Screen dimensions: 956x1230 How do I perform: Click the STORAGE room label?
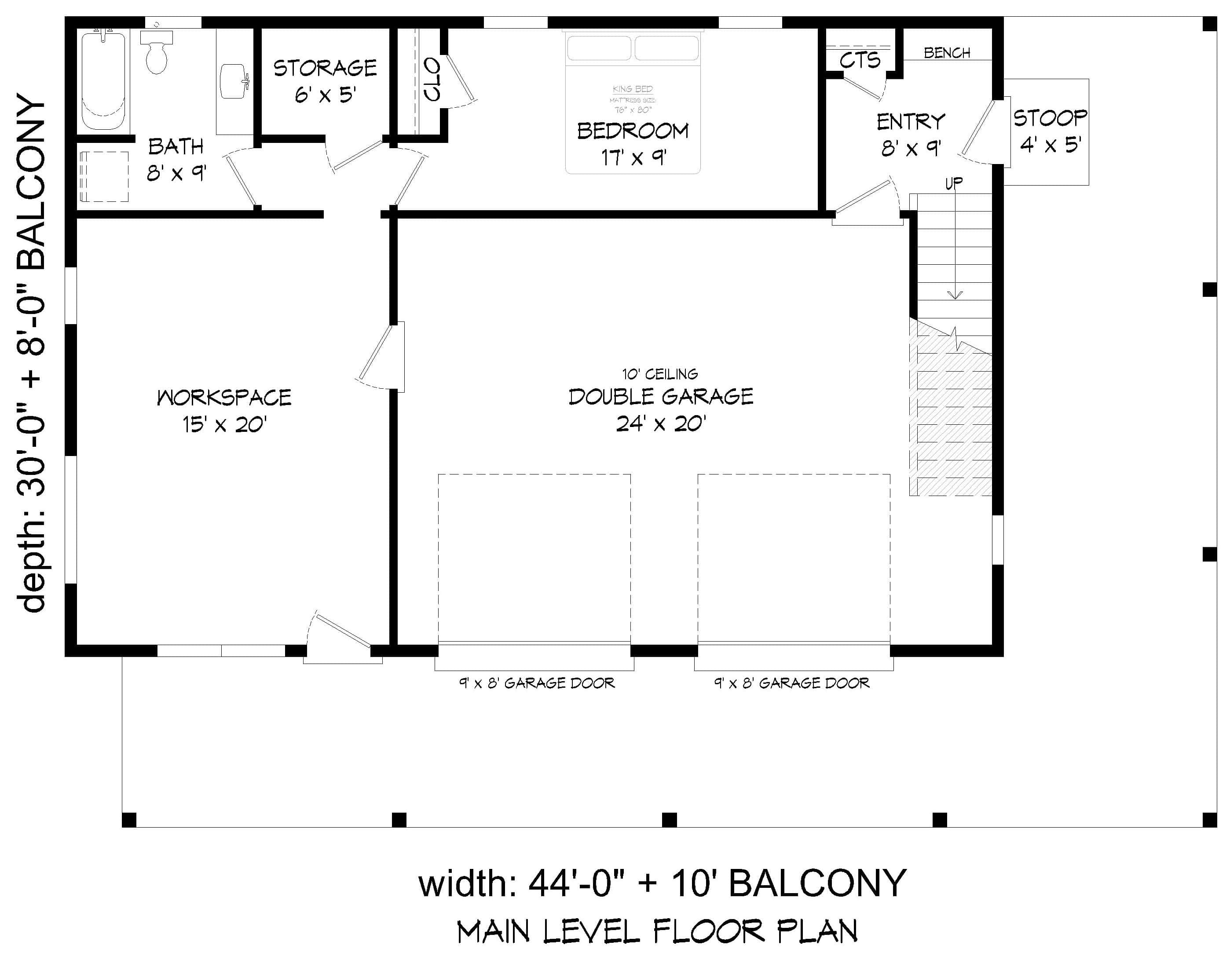[x=325, y=69]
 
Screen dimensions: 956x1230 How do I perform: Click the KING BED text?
[x=633, y=89]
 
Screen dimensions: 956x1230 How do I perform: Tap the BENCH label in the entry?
[x=947, y=53]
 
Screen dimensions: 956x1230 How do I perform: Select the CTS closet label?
[x=860, y=60]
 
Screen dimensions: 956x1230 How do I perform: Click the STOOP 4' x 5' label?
[x=1050, y=131]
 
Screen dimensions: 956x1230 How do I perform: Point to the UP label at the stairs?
[x=953, y=183]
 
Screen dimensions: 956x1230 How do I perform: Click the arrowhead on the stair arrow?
[x=955, y=295]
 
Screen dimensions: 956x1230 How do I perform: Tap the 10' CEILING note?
[x=659, y=374]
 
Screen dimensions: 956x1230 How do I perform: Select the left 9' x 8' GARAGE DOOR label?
[x=537, y=683]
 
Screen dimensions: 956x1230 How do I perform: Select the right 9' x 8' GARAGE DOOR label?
[x=792, y=683]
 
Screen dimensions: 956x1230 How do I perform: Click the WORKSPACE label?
[x=224, y=398]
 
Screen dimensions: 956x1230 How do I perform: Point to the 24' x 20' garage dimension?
[x=661, y=424]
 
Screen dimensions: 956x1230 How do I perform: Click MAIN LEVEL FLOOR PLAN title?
[x=657, y=931]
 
